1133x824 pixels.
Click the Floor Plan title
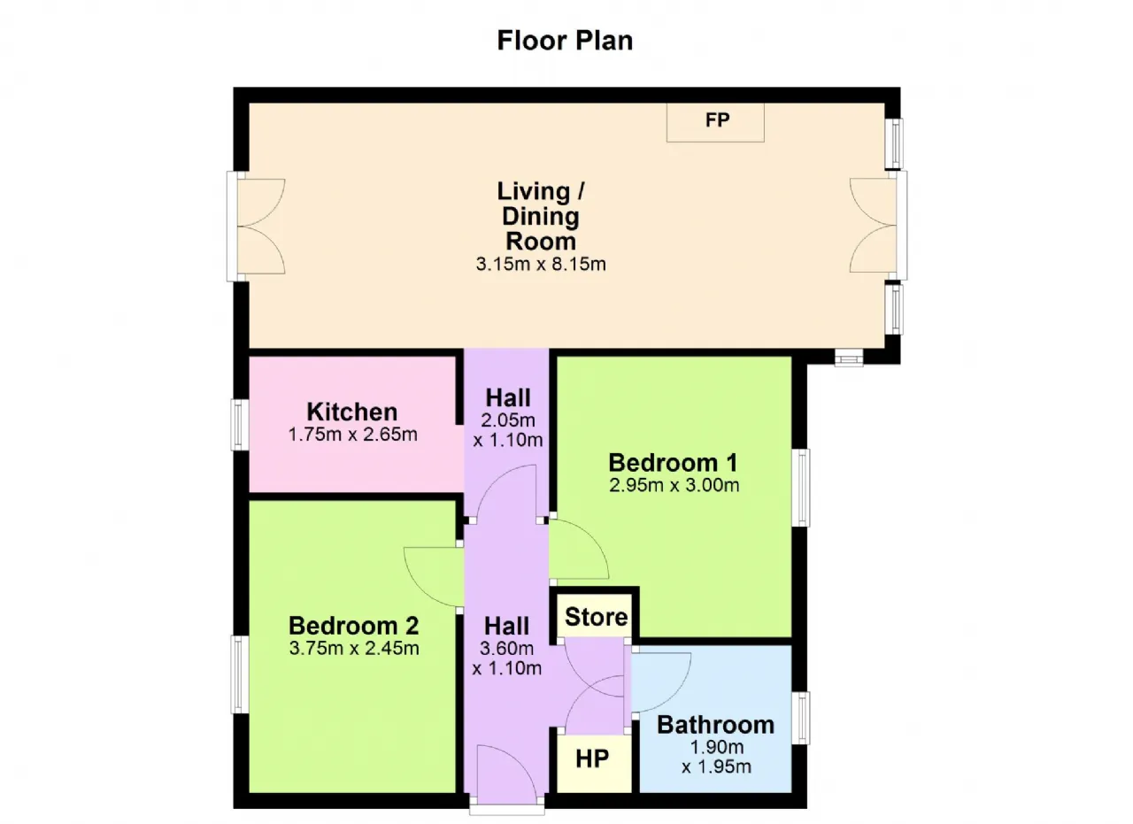click(x=565, y=41)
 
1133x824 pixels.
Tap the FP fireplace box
click(x=715, y=122)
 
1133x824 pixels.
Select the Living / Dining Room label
click(x=541, y=216)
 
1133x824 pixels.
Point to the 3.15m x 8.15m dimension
click(x=541, y=264)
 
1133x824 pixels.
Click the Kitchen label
click(x=352, y=412)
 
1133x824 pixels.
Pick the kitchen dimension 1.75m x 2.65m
click(x=352, y=435)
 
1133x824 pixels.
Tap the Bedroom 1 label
click(x=673, y=462)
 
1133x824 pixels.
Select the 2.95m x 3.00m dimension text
click(x=674, y=485)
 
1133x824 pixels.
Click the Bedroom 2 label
click(x=353, y=626)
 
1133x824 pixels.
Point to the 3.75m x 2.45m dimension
click(x=354, y=648)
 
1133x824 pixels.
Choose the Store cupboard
click(x=595, y=616)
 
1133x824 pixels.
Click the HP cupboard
click(x=594, y=763)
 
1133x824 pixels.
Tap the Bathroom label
click(x=716, y=725)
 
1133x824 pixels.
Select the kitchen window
click(x=240, y=425)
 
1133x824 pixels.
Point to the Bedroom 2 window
click(x=240, y=674)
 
